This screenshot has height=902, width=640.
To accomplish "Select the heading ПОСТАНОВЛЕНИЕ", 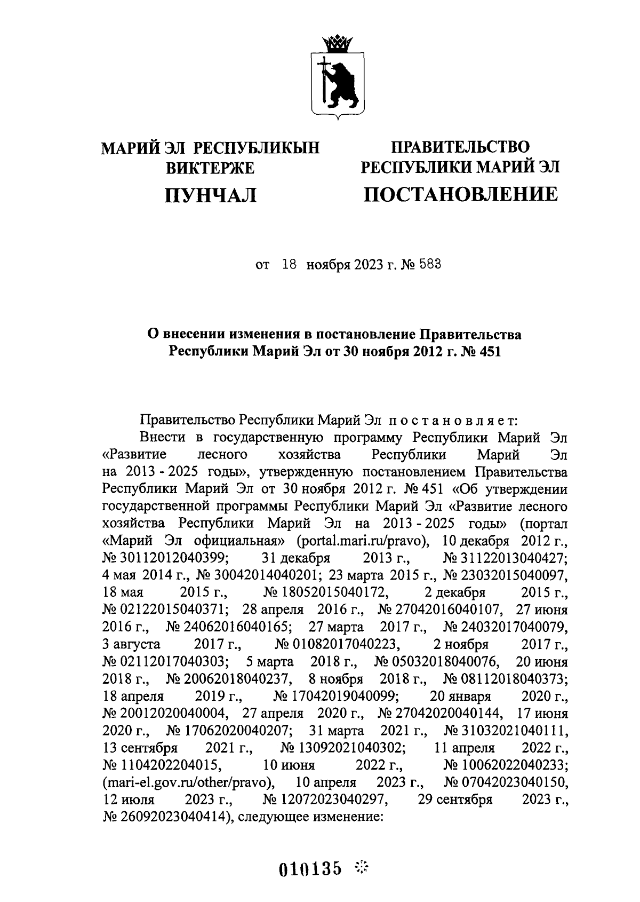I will (460, 194).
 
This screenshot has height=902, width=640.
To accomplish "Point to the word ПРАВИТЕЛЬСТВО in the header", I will (460, 146).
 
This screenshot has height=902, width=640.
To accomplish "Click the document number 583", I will (430, 265).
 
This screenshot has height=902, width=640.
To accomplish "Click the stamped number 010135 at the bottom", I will (310, 868).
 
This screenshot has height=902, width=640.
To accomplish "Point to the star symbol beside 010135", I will (362, 867).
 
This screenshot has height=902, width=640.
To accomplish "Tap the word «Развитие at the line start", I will (134, 455).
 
